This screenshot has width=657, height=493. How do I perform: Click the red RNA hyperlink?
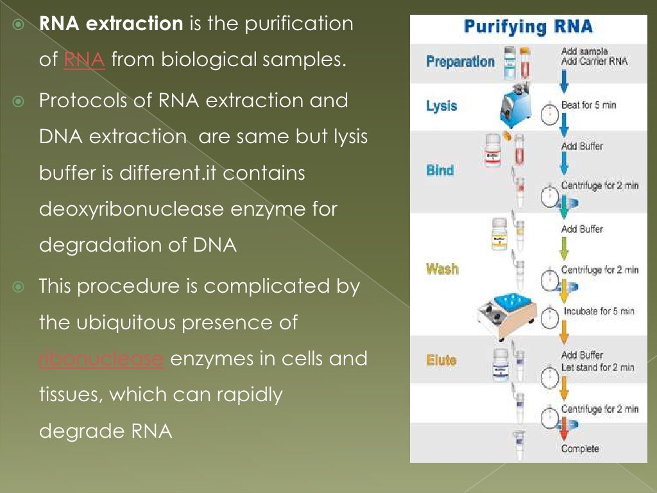(84, 61)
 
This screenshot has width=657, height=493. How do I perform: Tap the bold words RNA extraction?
(111, 24)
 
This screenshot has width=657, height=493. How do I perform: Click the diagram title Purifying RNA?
(528, 28)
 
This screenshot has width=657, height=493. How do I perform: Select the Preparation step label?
(460, 62)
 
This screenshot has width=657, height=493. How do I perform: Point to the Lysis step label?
(441, 106)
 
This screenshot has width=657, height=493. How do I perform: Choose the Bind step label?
(440, 171)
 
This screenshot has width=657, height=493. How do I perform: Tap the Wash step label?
(442, 268)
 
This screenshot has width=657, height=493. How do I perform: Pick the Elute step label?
(441, 360)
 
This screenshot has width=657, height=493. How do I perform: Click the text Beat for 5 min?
(588, 105)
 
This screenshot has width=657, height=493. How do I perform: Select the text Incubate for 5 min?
(599, 311)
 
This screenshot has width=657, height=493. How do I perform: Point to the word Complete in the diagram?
(579, 449)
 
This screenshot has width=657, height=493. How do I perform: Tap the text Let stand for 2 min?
(597, 368)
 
